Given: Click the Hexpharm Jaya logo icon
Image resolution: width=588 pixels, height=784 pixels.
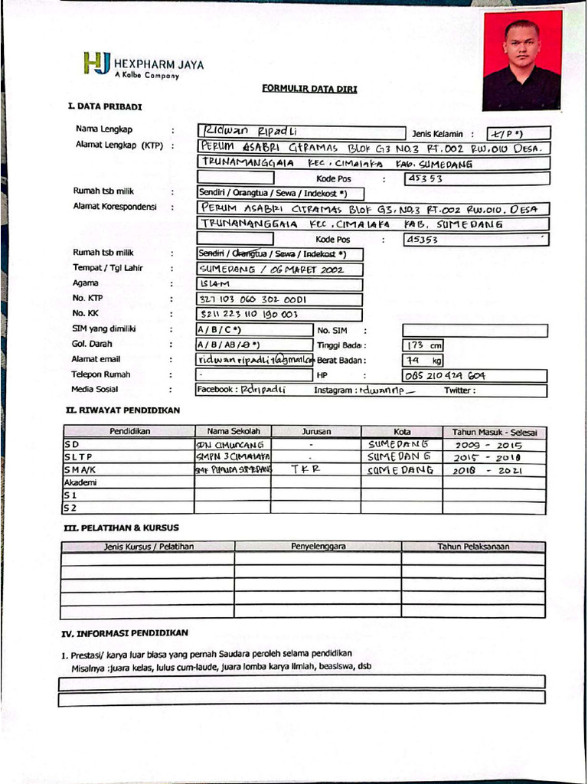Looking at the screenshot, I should tap(97, 63).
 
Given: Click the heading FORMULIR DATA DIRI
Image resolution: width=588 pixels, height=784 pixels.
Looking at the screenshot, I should tap(309, 89).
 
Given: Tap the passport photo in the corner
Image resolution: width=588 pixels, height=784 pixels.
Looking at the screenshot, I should tap(522, 60).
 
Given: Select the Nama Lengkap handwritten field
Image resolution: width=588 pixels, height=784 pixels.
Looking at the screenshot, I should tap(300, 132).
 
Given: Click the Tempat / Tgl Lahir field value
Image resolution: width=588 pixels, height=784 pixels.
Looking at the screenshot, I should tap(279, 269).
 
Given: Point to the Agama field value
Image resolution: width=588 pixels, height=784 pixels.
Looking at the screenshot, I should tap(279, 285).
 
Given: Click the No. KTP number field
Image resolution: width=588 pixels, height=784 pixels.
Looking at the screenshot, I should tap(279, 299).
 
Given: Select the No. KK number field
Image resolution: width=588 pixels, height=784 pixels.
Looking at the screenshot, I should tap(279, 314).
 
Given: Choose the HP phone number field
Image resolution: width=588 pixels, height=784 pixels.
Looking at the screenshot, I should tap(475, 375).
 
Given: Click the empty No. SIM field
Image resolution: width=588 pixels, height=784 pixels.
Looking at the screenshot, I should tap(475, 331).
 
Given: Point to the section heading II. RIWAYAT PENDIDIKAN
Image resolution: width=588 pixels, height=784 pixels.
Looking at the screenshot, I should tap(123, 410).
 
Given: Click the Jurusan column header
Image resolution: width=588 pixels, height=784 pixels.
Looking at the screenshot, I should tap(315, 432).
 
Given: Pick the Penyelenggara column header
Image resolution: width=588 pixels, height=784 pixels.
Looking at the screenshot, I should tap(318, 547).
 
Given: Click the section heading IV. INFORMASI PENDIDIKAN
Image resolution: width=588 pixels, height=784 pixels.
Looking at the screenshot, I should tap(125, 633).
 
